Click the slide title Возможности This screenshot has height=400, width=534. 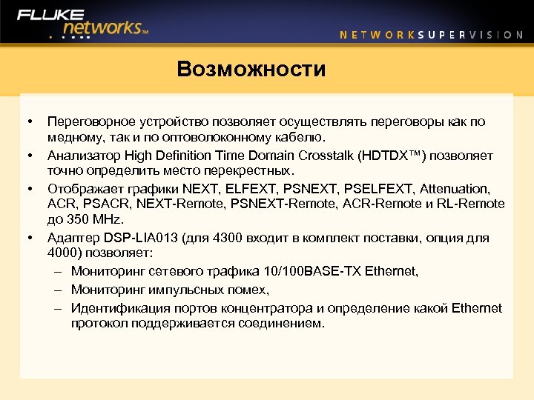coord(251,70)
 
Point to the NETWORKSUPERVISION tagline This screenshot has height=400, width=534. coord(431,34)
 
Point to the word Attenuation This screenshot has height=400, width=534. coord(453,189)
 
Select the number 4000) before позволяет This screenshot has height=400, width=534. coord(64,253)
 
